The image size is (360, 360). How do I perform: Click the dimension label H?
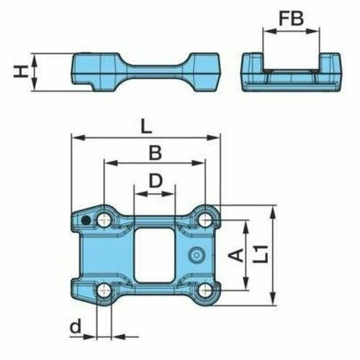click(x=22, y=71)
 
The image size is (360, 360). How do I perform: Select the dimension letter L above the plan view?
click(x=146, y=126)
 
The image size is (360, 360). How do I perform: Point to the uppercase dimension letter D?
click(x=154, y=180)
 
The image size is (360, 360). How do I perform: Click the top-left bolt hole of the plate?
click(x=105, y=217)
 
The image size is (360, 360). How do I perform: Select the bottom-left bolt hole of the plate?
click(x=105, y=290)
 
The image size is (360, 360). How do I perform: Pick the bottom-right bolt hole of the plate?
click(x=206, y=290)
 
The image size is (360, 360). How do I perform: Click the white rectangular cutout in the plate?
click(x=155, y=253)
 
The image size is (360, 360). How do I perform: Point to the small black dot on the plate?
click(x=86, y=220)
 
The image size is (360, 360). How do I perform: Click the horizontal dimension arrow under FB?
click(x=292, y=32)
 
